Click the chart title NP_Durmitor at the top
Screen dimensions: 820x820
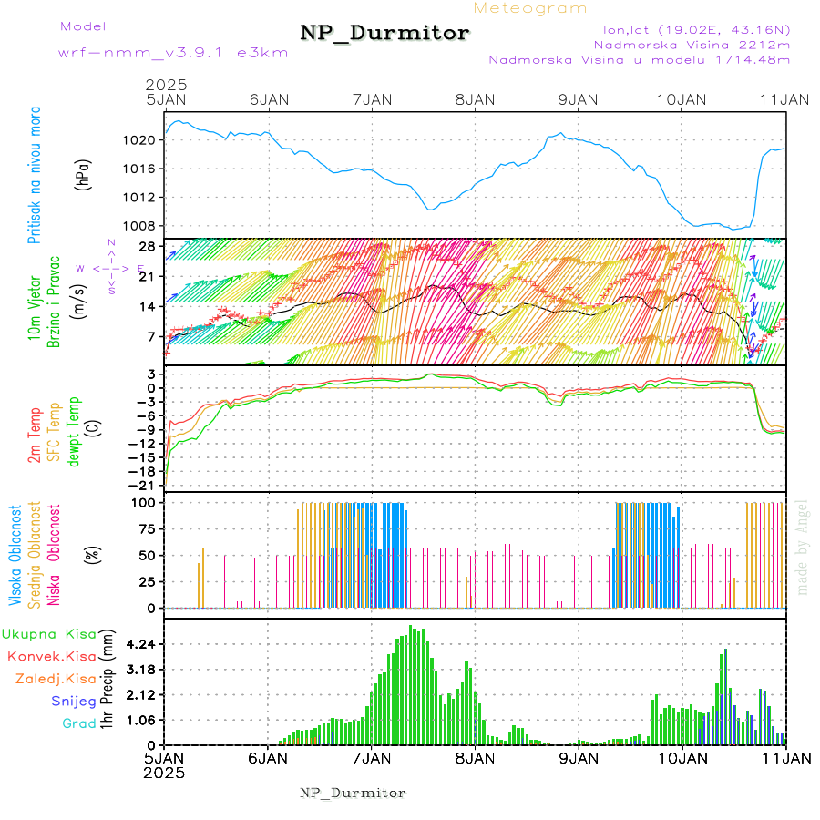point(384,34)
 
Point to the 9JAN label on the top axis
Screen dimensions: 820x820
point(577,99)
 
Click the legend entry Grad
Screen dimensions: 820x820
point(78,723)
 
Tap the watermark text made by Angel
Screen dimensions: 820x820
point(803,547)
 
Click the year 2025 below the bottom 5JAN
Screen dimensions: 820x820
point(165,773)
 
